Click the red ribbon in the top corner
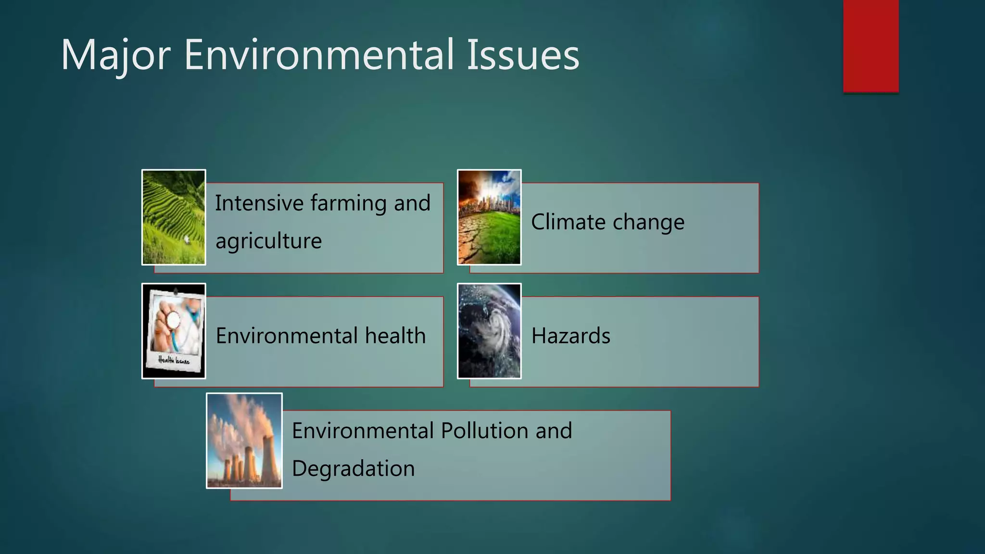click(871, 46)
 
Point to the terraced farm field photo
click(174, 217)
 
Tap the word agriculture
click(268, 241)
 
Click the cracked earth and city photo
click(489, 217)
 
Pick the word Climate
click(568, 222)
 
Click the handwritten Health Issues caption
click(174, 360)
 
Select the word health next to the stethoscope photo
click(395, 336)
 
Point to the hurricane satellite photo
click(489, 331)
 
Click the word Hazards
click(571, 336)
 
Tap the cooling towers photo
click(244, 441)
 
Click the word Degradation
click(353, 469)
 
